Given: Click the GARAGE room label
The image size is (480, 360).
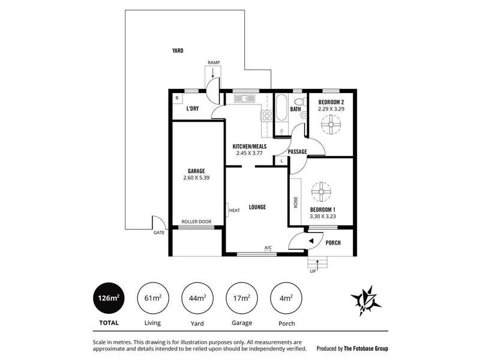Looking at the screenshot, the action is [196, 171].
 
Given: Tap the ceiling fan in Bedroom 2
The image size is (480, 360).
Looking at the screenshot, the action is [331, 124].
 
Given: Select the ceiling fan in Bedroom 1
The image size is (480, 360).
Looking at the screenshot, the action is [321, 191].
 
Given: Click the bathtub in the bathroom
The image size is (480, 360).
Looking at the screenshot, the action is [281, 107].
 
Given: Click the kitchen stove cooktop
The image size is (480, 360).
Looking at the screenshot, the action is [266, 116].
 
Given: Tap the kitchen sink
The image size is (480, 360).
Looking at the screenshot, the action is [244, 98].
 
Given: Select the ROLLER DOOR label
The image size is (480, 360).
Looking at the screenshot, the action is [196, 221].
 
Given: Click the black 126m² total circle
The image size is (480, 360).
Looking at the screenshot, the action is [109, 298].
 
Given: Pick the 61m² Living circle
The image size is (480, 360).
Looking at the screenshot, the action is [153, 298].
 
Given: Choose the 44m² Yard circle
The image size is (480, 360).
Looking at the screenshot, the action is [197, 298].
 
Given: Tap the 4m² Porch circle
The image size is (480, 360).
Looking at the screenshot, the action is [286, 298].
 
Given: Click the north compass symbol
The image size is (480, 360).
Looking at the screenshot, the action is [366, 301].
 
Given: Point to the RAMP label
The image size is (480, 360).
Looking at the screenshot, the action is [214, 63].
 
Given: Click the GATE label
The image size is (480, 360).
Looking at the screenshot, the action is [159, 233].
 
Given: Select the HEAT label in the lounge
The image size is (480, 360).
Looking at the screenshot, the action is [235, 211].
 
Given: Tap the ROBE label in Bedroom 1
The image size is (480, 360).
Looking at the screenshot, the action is [296, 202].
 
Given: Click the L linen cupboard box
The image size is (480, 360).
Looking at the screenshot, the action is [281, 161].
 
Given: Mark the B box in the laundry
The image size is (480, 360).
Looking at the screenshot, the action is [177, 98].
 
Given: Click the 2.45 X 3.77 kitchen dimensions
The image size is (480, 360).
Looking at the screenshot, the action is [250, 153].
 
